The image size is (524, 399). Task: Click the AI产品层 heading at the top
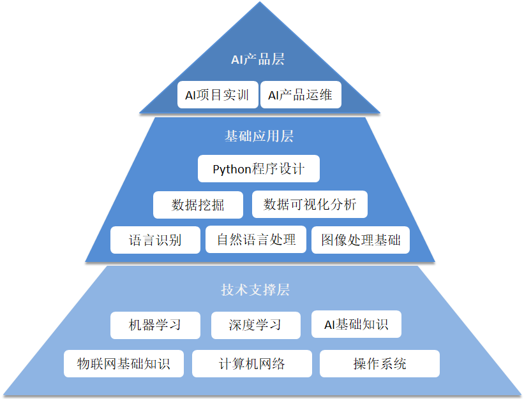coord(258,60)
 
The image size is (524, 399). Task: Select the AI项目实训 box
coord(218,95)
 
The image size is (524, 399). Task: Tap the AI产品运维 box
coord(301,95)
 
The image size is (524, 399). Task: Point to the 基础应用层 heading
coord(259,136)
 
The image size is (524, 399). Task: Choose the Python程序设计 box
coord(258,169)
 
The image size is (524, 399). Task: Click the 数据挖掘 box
coord(198,205)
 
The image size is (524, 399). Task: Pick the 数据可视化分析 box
coord(310,205)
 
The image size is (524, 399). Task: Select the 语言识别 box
coord(155,240)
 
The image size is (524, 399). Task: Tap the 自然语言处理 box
coord(256,240)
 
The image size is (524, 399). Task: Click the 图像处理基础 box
coord(361,240)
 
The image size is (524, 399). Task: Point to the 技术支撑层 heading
coord(255,290)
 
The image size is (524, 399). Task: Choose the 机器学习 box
coord(155,324)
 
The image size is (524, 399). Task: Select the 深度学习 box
coord(255,324)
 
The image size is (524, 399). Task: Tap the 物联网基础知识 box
coord(124,364)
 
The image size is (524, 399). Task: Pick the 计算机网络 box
coord(252,364)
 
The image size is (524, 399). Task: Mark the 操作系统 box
coord(380,364)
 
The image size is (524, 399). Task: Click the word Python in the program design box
coord(233,170)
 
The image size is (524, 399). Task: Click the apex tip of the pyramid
coord(260,3)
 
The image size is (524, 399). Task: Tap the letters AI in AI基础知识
coord(329,324)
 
